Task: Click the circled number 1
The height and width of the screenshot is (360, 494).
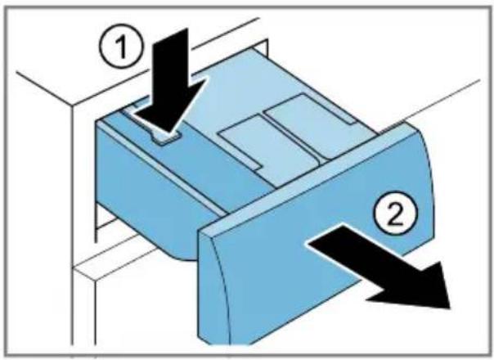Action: coord(121,48)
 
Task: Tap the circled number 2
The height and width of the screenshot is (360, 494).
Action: coord(395,212)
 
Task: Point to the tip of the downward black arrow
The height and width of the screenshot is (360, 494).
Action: coord(168,132)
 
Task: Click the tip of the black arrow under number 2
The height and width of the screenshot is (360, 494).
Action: coord(450,308)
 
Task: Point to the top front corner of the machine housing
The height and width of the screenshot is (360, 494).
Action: coord(73,106)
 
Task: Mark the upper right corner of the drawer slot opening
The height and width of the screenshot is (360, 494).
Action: coord(267,40)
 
